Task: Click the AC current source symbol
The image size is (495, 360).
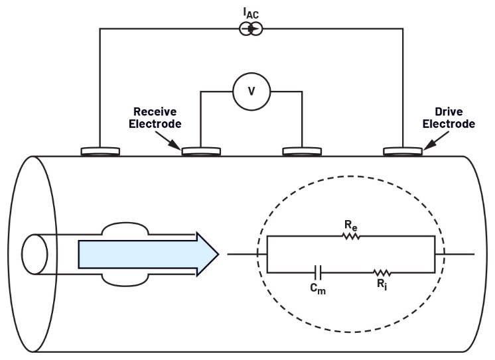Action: [251, 29]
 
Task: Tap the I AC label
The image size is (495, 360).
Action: [251, 11]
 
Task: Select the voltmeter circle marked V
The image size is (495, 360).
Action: [251, 91]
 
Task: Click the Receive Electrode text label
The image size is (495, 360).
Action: [158, 117]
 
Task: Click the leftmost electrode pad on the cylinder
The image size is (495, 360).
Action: [101, 152]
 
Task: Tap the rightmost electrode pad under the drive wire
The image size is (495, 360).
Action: [403, 152]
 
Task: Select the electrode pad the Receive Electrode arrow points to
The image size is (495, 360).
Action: [202, 152]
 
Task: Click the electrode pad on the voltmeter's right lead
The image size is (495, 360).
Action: [302, 152]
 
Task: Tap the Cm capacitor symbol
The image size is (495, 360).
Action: [318, 272]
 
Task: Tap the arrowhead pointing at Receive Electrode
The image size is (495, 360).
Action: [176, 143]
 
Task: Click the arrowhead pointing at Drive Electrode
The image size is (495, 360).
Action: [427, 143]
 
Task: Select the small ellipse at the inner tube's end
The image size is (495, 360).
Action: [35, 254]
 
